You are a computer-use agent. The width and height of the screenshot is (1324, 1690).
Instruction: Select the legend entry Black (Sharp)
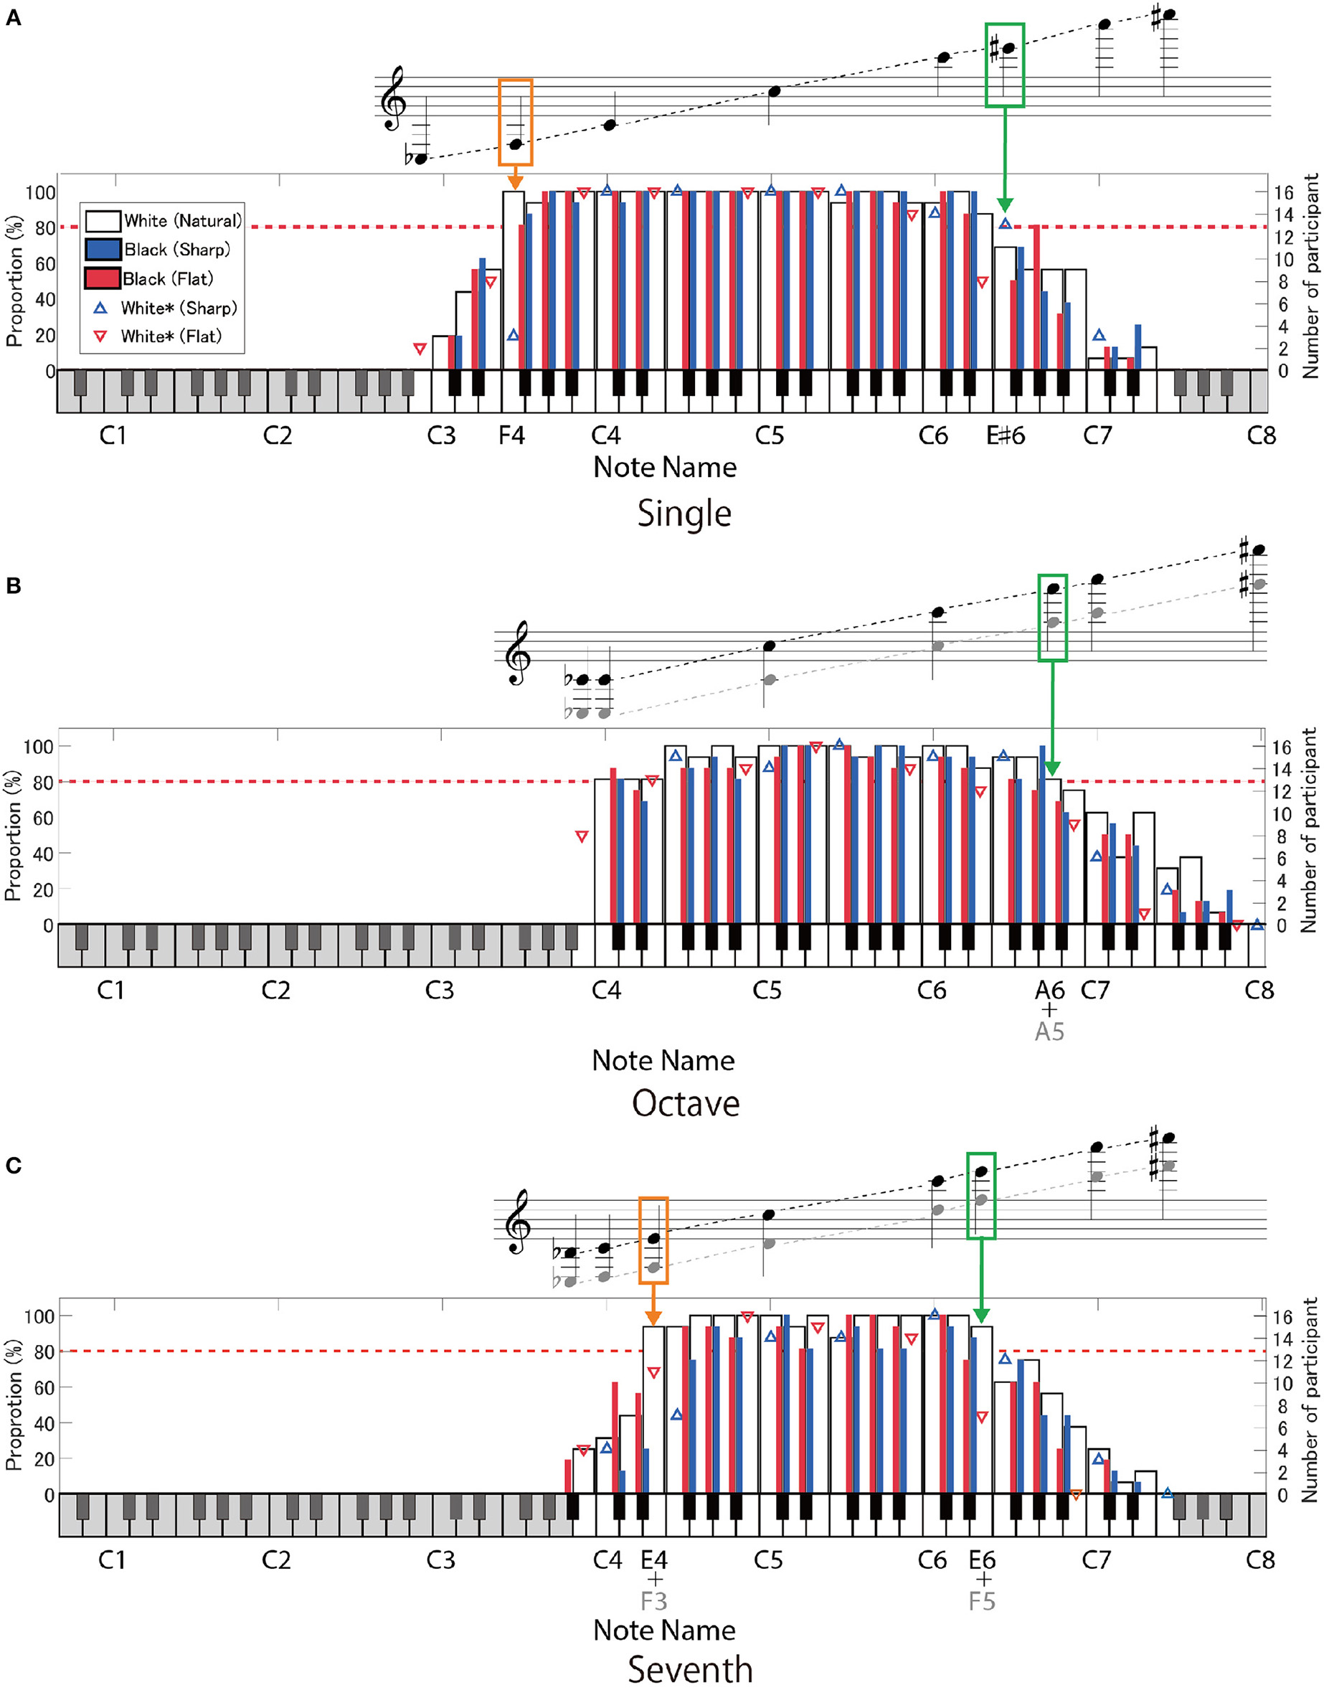(x=176, y=250)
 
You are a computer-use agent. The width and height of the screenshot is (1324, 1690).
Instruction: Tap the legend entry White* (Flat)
(x=171, y=336)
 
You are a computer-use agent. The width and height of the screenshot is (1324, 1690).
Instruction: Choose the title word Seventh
(x=690, y=1669)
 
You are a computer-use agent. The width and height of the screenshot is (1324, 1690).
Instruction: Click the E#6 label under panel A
(x=1006, y=435)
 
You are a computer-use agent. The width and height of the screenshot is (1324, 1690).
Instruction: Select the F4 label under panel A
(x=511, y=435)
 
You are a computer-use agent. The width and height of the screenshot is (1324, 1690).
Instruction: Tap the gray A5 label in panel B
(x=1049, y=1032)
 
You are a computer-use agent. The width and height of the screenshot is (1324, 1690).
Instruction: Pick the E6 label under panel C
(x=982, y=1559)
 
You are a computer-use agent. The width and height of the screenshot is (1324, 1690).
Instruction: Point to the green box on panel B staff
(x=1052, y=617)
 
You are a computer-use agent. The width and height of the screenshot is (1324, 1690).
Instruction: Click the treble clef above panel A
(x=393, y=98)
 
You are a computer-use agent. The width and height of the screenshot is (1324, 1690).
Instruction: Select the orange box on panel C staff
(x=653, y=1240)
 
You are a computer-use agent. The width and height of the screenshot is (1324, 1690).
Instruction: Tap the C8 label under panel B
(x=1259, y=991)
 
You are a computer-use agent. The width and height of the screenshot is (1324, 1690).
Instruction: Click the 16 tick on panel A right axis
(x=1283, y=192)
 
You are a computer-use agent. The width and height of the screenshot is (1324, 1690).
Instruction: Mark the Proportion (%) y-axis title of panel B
(x=12, y=836)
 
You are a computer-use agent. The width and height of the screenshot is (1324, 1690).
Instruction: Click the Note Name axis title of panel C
(x=664, y=1630)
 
